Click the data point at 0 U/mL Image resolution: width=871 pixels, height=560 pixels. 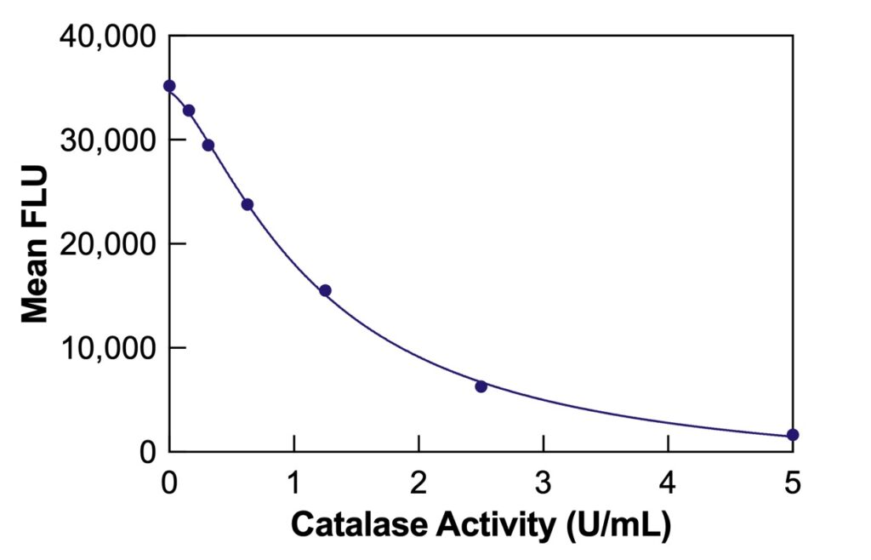169,86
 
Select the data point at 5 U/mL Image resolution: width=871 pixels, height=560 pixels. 793,435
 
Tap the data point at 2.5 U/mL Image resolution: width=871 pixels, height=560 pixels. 481,386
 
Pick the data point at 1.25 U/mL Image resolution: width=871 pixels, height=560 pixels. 325,290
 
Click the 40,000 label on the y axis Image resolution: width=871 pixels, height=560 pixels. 108,37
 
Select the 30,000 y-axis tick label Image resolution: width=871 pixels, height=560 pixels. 108,140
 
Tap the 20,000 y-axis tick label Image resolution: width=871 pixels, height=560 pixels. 108,244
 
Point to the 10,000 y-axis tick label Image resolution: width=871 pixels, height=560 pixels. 108,348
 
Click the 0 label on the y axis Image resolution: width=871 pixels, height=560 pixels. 146,452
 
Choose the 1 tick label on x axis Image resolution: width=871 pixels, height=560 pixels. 294,483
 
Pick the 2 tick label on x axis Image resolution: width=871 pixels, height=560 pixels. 418,483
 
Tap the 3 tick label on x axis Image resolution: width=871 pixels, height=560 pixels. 543,483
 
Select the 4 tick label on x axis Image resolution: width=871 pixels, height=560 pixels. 668,483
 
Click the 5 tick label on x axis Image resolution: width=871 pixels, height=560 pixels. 792,483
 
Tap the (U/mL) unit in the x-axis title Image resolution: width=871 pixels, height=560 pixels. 619,526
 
